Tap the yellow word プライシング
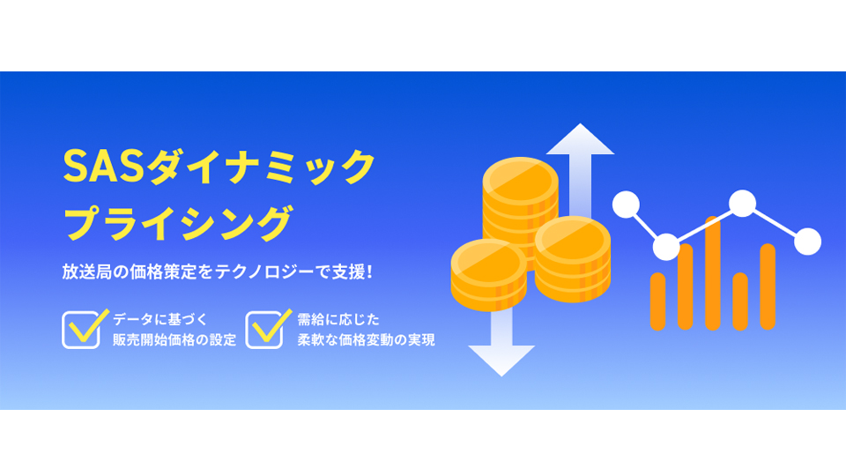pyautogui.click(x=179, y=222)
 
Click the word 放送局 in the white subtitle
pyautogui.click(x=87, y=271)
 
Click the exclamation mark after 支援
pyautogui.click(x=369, y=271)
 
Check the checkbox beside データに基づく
pyautogui.click(x=81, y=329)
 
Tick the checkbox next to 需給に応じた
pyautogui.click(x=264, y=329)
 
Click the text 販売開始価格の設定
pyautogui.click(x=174, y=340)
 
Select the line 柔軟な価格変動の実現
pyautogui.click(x=366, y=340)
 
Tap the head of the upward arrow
pyautogui.click(x=580, y=139)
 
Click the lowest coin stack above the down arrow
pyautogui.click(x=489, y=275)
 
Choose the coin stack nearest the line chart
pyautogui.click(x=573, y=259)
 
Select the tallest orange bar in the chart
pyautogui.click(x=713, y=273)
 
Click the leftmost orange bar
pyautogui.click(x=657, y=301)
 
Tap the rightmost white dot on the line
pyautogui.click(x=808, y=242)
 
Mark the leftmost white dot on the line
pyautogui.click(x=626, y=205)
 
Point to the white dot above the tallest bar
pyautogui.click(x=742, y=204)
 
